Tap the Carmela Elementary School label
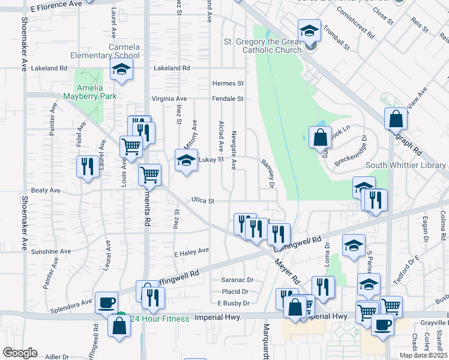pos(124,51)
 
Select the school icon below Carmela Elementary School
pos(121,70)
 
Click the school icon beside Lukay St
pos(186,160)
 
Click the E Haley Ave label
pos(191,250)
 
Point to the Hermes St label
pos(228,83)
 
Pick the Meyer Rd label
pos(287,271)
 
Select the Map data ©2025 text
pos(423,355)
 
